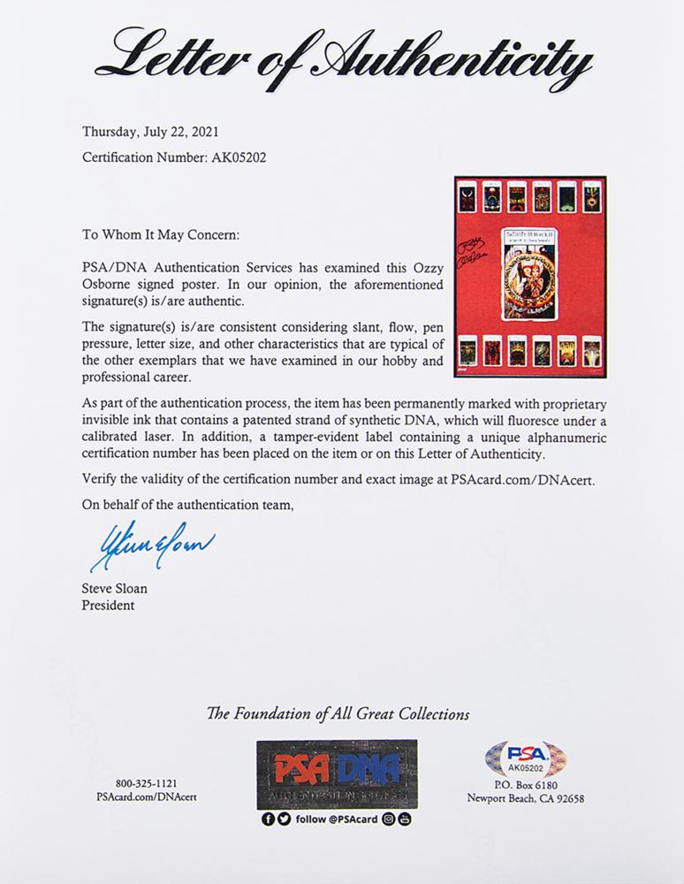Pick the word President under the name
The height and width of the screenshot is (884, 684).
click(x=109, y=606)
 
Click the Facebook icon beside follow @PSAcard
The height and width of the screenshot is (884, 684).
click(x=269, y=819)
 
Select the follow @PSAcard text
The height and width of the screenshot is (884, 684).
click(x=336, y=819)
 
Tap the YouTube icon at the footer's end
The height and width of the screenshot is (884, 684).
click(x=406, y=819)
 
